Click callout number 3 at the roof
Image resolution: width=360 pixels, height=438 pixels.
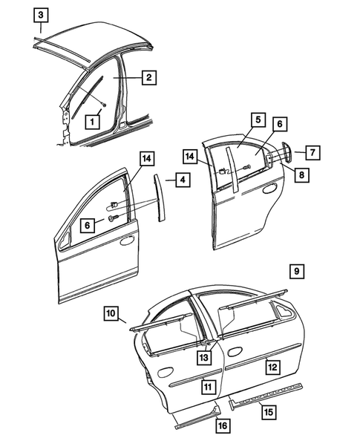(x=42, y=14)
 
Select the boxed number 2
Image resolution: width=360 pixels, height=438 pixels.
(x=148, y=76)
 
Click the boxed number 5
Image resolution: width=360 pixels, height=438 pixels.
(x=257, y=120)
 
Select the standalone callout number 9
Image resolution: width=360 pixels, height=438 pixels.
(x=295, y=271)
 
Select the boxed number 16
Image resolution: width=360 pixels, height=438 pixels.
(x=222, y=425)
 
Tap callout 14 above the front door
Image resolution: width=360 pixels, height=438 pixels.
(x=147, y=157)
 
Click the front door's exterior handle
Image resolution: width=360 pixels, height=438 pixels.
(x=126, y=241)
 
